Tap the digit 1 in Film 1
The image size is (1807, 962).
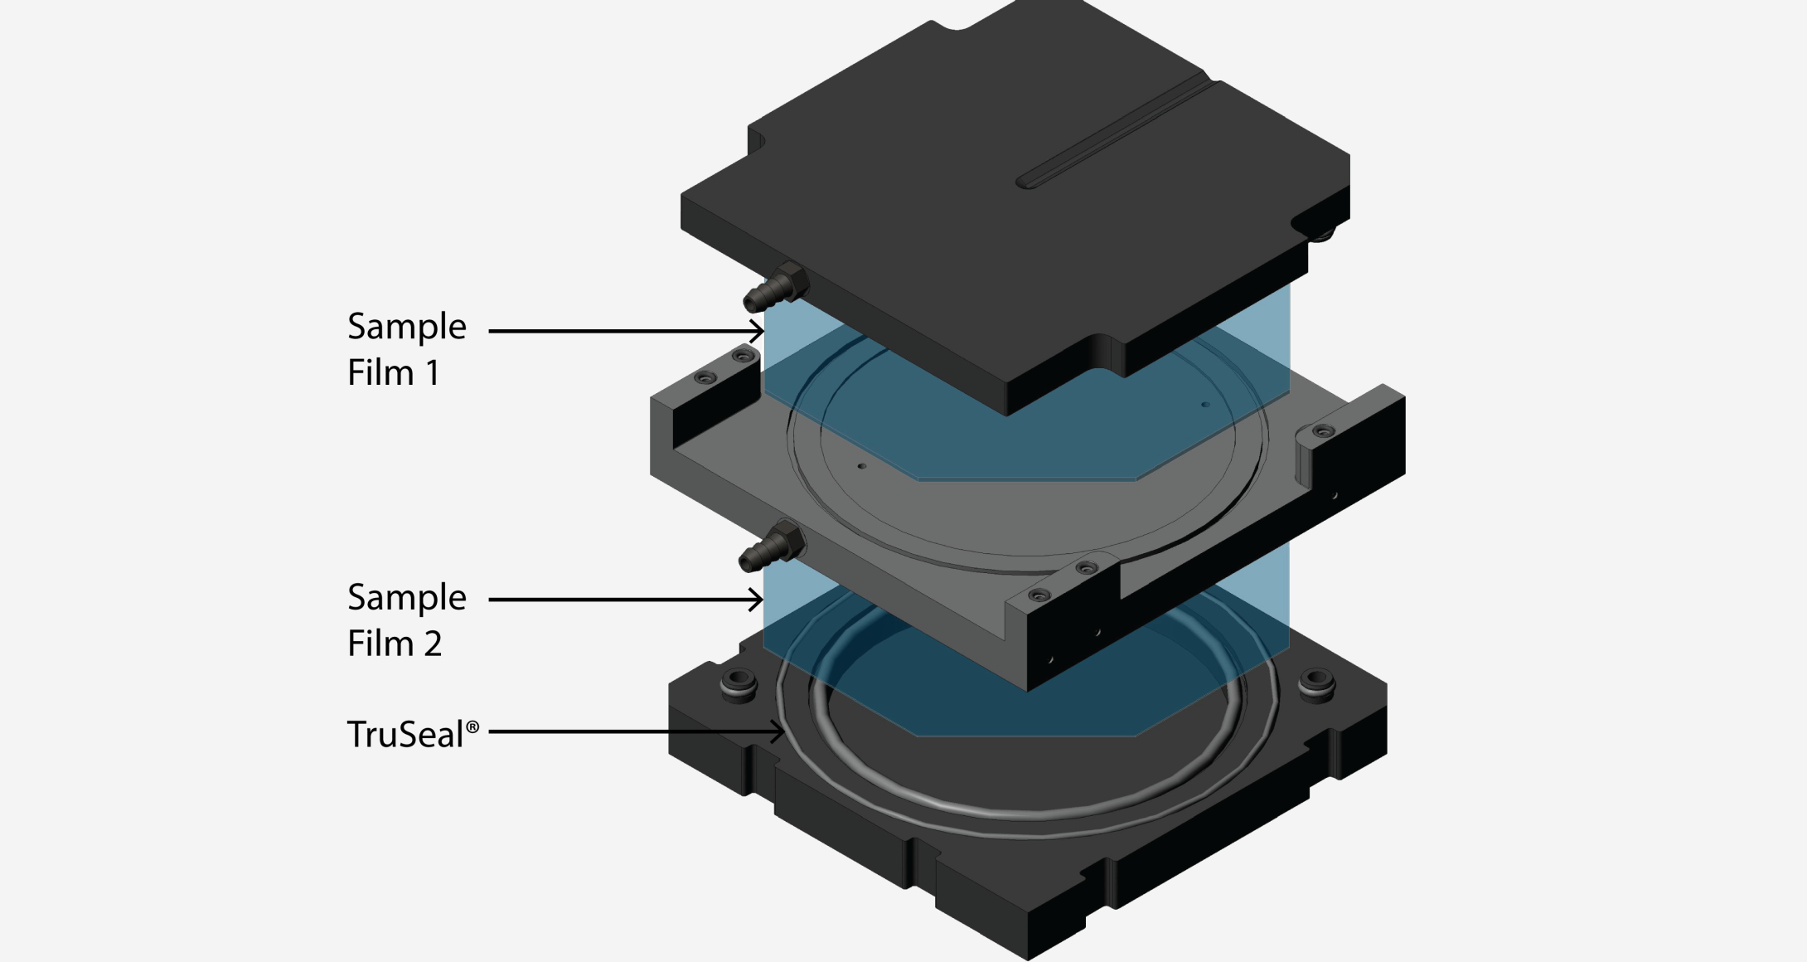click(x=433, y=373)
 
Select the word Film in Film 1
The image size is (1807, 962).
click(x=380, y=372)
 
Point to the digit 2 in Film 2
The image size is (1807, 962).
click(x=434, y=644)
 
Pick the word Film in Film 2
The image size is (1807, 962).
click(x=380, y=643)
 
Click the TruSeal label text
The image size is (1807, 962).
click(x=413, y=734)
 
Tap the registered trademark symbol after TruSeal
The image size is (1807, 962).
click(x=472, y=727)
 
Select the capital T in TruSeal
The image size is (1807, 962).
click(x=356, y=735)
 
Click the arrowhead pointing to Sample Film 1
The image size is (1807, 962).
click(x=757, y=331)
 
